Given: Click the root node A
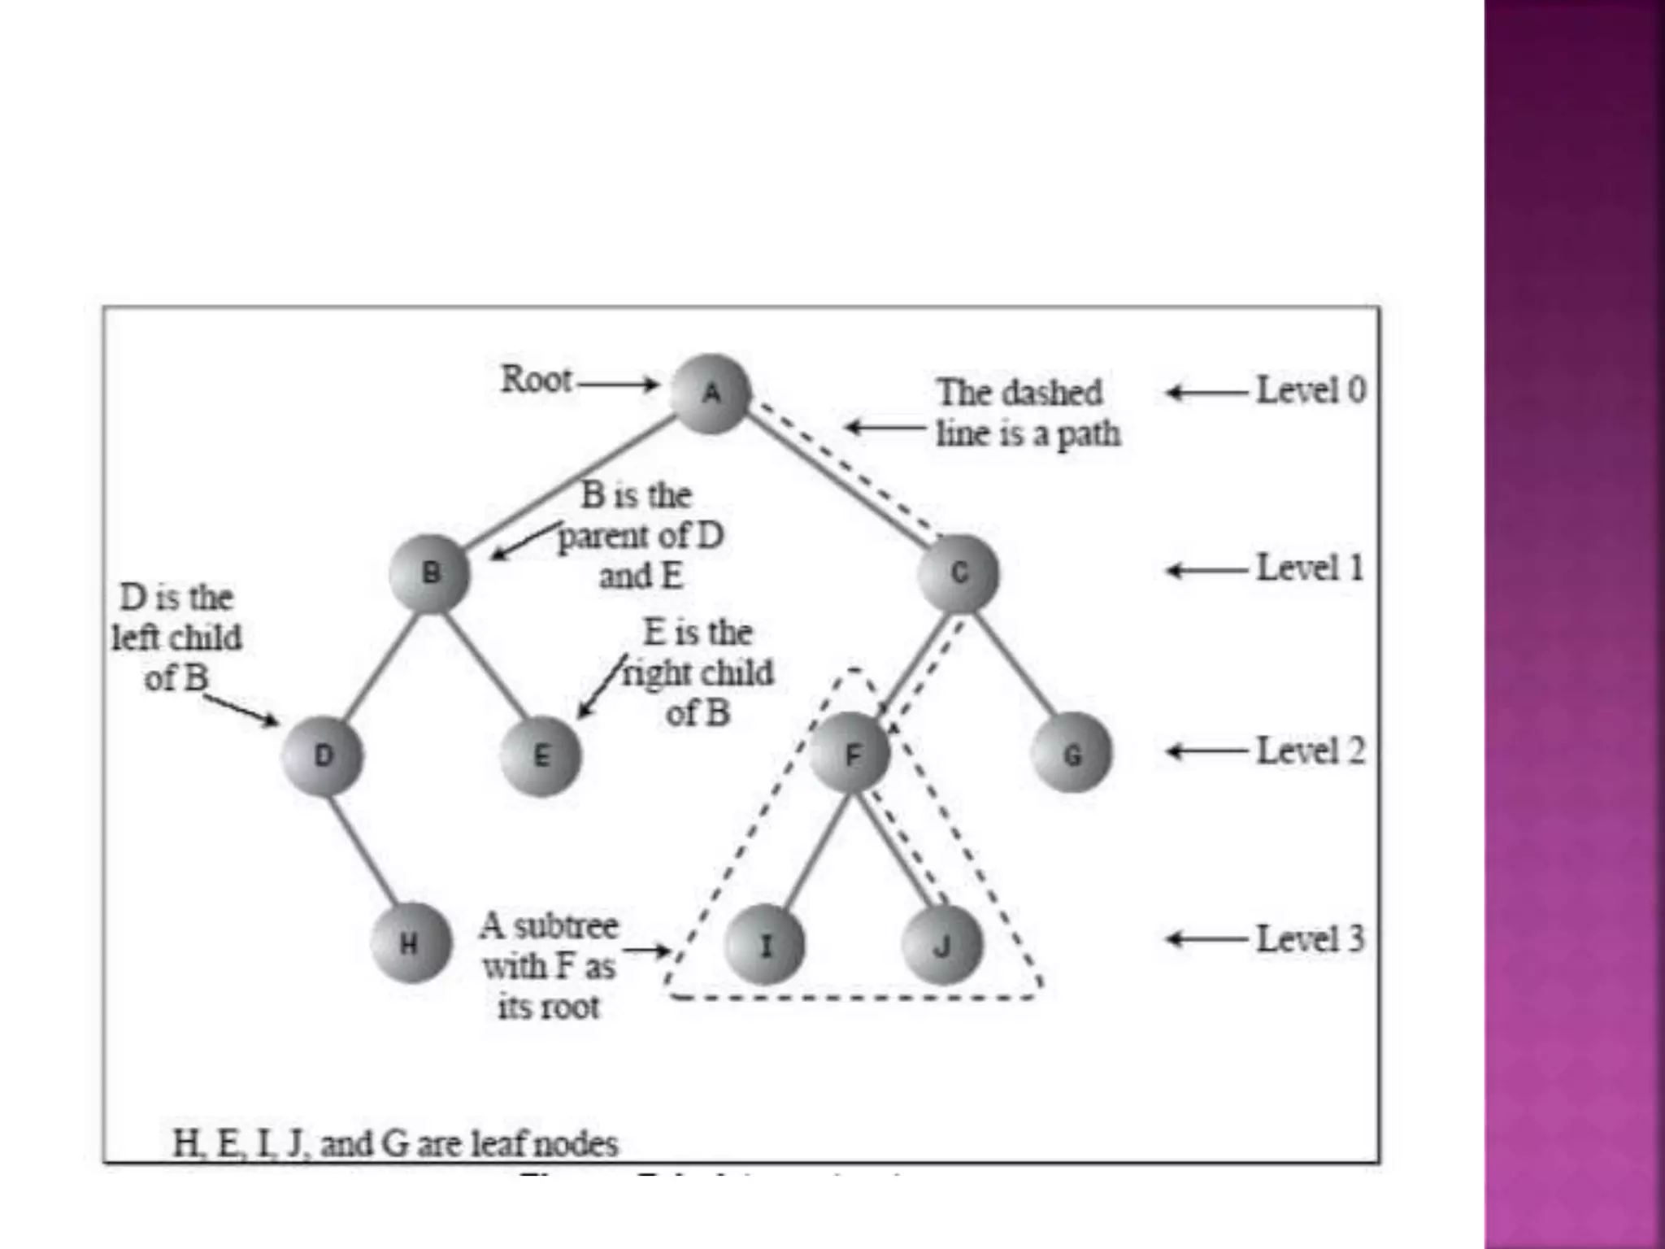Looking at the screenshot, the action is [711, 394].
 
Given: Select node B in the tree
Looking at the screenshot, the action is [430, 573].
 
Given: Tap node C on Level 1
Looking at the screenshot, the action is [959, 573].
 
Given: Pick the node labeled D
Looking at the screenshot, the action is [323, 756].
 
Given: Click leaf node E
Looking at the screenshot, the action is [541, 756].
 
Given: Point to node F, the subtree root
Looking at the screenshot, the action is [851, 755].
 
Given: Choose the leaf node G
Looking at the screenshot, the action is [1072, 755].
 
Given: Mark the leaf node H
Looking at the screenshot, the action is [410, 943].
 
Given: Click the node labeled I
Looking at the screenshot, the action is [764, 945].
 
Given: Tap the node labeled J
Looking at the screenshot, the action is [942, 945].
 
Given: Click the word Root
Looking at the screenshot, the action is [536, 380].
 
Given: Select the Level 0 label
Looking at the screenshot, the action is [1311, 390].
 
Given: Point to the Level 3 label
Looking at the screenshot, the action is [1311, 939].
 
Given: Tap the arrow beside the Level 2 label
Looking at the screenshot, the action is [1207, 751].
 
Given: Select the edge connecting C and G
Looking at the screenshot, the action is [1016, 663].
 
